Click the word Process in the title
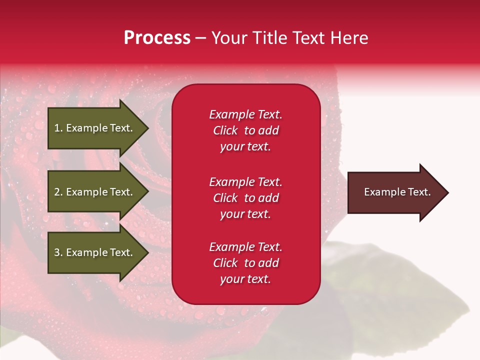pos(157,38)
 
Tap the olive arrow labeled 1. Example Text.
pos(95,128)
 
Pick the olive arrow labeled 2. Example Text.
pos(95,192)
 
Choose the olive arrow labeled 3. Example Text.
pos(95,252)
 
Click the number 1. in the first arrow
pos(58,128)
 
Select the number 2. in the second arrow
pos(58,192)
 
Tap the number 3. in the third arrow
pos(58,252)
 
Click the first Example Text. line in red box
pos(245,114)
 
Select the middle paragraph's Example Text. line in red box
pos(245,181)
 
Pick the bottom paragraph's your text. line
pos(245,279)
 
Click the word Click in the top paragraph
pos(225,130)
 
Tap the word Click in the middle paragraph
pos(225,198)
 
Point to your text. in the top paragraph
pos(245,146)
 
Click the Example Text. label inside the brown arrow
pos(397,192)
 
